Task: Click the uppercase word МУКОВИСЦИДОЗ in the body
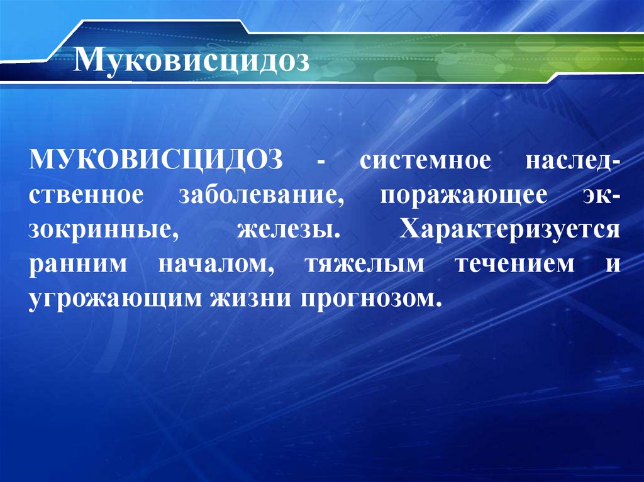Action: coord(154,159)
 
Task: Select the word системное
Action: coord(425,159)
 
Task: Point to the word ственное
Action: coord(86,194)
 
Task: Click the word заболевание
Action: coord(262,194)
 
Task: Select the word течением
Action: coord(515,264)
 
